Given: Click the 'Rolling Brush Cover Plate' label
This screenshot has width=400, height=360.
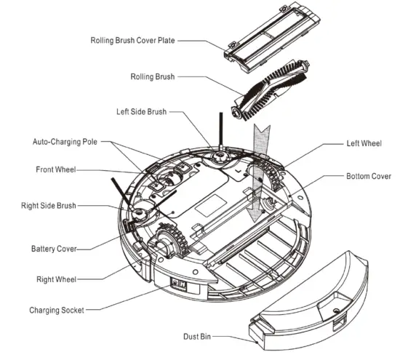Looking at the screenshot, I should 133,41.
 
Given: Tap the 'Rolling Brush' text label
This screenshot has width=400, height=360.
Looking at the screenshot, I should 153,76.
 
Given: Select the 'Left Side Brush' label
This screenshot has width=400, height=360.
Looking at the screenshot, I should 141,112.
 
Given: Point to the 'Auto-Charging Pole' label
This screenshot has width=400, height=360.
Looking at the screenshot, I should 65,141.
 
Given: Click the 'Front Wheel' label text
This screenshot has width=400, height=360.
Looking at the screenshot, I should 56,169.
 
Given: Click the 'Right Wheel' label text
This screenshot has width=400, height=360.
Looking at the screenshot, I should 57,279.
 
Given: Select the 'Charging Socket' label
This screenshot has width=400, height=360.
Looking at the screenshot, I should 56,311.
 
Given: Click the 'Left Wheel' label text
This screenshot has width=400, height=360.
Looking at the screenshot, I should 365,143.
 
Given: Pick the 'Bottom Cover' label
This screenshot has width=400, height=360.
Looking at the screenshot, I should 368,176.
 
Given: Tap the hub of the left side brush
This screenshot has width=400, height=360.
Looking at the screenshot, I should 217,155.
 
